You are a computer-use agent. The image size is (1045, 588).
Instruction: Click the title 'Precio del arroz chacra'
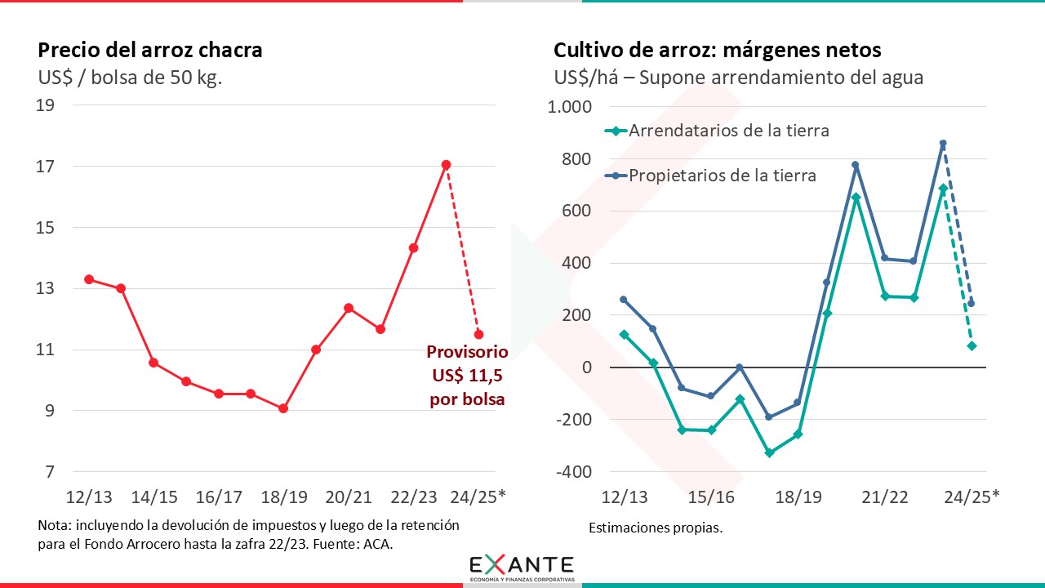click(x=150, y=50)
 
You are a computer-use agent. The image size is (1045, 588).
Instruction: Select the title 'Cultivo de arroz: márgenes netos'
click(x=718, y=50)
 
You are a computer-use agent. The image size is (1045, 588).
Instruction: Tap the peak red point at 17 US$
click(x=446, y=165)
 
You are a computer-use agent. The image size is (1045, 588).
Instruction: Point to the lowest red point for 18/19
click(x=283, y=408)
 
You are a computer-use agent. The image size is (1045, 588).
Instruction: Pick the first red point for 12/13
click(x=88, y=279)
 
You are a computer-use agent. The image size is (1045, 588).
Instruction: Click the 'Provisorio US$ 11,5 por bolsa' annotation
click(x=467, y=376)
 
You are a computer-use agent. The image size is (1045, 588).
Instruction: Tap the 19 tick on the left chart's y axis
click(x=46, y=105)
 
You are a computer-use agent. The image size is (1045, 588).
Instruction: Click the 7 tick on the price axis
click(x=50, y=472)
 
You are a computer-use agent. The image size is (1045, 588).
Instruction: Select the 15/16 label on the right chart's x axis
click(x=711, y=497)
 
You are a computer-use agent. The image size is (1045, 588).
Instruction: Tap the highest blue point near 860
click(x=943, y=144)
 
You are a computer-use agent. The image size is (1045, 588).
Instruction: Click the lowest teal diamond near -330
click(x=769, y=452)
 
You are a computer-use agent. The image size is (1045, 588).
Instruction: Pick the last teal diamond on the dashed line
click(x=972, y=346)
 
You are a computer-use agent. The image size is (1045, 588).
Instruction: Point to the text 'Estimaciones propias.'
click(x=656, y=528)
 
